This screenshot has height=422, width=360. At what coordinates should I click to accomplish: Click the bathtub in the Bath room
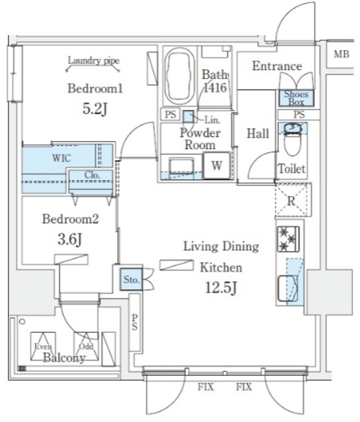pos(179,76)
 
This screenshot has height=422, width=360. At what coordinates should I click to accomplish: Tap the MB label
pos(342,54)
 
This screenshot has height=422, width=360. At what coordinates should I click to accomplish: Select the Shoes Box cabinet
pos(296,98)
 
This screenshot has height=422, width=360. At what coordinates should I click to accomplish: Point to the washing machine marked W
pos(217,166)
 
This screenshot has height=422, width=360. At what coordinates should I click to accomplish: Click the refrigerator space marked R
pos(291,200)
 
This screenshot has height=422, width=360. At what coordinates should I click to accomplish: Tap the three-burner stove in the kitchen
pos(288,239)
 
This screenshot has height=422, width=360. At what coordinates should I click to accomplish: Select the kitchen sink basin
pos(288,288)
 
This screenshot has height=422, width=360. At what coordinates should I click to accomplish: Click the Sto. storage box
pos(131,280)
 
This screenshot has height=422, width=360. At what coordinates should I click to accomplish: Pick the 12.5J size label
pos(221,287)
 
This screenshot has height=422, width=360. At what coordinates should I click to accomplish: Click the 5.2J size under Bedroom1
pos(95,109)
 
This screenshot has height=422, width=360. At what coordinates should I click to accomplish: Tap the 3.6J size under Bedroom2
pos(70,239)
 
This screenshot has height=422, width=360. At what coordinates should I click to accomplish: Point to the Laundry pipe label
pos(94,61)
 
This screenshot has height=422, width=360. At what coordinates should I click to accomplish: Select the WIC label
pos(61,158)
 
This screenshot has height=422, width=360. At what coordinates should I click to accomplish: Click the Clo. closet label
pos(92,175)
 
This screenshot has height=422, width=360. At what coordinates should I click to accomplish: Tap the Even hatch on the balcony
pos(43,346)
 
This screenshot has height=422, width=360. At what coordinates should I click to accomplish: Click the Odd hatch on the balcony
pos(86,346)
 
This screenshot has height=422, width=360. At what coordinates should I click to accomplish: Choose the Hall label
pos(258,133)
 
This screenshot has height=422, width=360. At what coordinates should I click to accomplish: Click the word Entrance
pos(277,66)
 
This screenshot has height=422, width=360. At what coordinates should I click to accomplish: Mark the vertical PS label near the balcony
pos(135,322)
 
